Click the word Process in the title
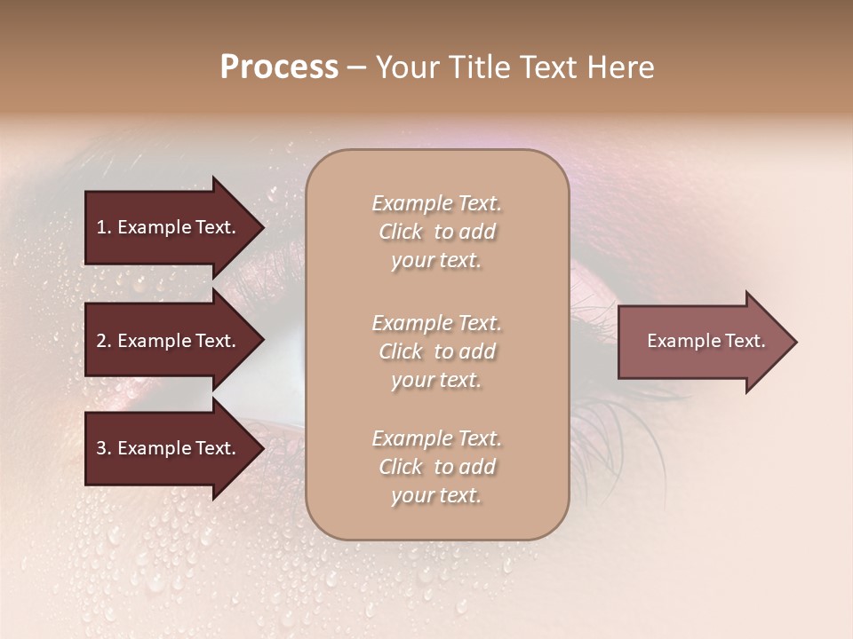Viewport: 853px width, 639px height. [x=279, y=67]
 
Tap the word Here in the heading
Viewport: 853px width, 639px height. [x=621, y=67]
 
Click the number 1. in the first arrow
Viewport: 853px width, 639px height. [x=104, y=227]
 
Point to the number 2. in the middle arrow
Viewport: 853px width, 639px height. [x=104, y=341]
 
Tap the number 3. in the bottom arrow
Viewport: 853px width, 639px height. [x=104, y=448]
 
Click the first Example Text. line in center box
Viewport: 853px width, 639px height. [x=436, y=203]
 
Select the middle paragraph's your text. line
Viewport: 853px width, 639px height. [x=436, y=380]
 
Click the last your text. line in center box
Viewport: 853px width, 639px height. [x=436, y=496]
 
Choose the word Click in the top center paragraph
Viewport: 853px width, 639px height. [x=401, y=232]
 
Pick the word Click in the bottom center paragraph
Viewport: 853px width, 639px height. [x=401, y=467]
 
